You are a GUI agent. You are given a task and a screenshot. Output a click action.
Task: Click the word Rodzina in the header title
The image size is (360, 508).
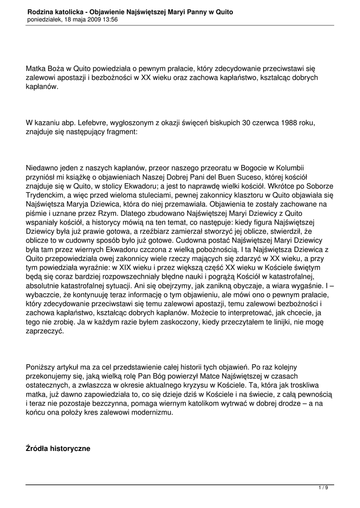[42, 11]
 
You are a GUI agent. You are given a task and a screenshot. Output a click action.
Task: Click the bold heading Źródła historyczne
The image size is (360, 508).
[58, 449]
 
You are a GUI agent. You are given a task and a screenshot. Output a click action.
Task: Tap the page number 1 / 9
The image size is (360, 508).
[323, 488]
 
